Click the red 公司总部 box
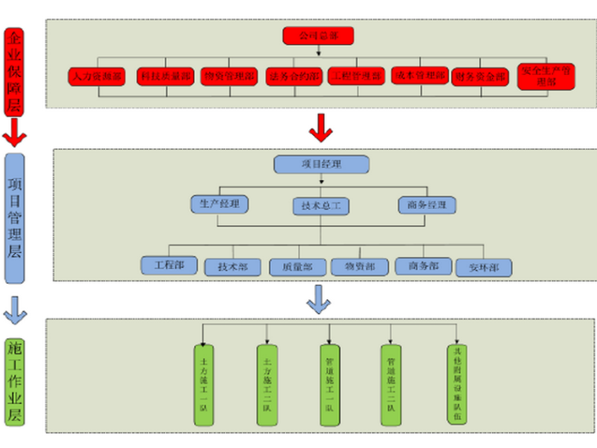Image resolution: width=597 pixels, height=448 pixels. (x=318, y=36)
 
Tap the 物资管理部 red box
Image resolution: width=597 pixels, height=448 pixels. (x=229, y=77)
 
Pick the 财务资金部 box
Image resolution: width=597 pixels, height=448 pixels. (x=479, y=77)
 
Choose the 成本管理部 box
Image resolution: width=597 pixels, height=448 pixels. (x=419, y=75)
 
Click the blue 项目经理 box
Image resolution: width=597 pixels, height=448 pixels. (x=321, y=164)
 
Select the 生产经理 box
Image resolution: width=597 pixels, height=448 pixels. (x=220, y=204)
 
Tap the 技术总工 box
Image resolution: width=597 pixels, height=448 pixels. (x=320, y=206)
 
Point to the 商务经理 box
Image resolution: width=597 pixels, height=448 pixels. (x=427, y=204)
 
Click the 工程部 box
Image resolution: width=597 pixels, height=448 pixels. (x=168, y=265)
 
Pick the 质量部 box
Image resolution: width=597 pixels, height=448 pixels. (x=296, y=267)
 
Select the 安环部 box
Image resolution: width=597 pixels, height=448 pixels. (x=484, y=267)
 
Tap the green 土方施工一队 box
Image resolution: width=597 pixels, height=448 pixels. (x=203, y=385)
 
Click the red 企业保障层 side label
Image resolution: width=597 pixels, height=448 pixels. (x=13, y=73)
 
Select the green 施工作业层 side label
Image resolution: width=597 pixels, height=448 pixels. (x=14, y=381)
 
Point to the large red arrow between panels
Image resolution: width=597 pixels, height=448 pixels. (x=320, y=127)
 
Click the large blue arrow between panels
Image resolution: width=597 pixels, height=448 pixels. (x=318, y=299)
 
